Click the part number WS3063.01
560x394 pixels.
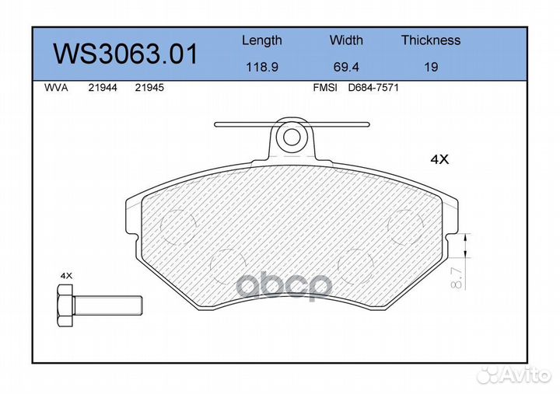[x=125, y=54]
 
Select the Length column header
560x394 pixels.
[x=261, y=40]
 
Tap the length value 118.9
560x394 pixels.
[x=261, y=68]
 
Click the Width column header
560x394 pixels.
[x=346, y=40]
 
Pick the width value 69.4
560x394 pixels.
[x=346, y=68]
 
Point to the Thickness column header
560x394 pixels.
[x=430, y=40]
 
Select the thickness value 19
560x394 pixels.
[x=430, y=68]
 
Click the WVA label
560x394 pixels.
[x=57, y=89]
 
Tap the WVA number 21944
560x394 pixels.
[x=103, y=89]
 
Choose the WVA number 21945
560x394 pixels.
[x=149, y=89]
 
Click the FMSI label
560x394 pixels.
[x=324, y=89]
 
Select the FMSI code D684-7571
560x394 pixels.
[x=373, y=89]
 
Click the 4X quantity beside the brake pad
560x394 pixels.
[x=440, y=159]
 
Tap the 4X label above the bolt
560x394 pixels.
[x=66, y=276]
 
